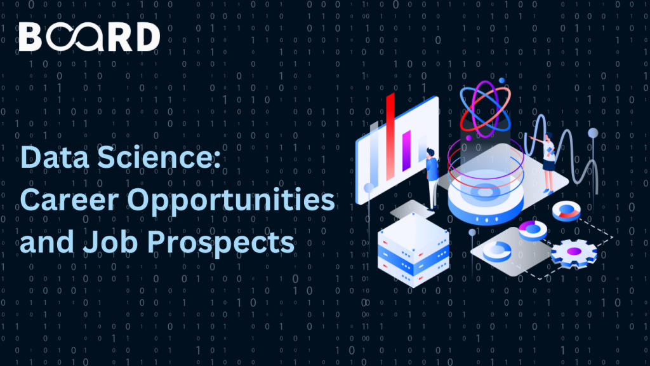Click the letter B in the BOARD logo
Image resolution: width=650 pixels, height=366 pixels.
(30, 37)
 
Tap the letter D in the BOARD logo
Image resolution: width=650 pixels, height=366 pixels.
(148, 37)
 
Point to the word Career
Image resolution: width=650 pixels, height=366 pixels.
(72, 200)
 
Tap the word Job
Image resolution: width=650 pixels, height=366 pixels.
(110, 241)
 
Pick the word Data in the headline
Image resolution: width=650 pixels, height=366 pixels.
(55, 158)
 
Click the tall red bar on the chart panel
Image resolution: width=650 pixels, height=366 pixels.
(390, 137)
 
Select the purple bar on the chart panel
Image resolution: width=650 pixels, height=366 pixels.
(406, 150)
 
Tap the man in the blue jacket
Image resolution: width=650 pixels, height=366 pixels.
(432, 179)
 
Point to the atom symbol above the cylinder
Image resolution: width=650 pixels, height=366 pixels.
(485, 109)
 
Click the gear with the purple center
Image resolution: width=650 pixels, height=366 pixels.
(574, 253)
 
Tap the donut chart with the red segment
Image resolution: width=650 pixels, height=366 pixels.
(566, 211)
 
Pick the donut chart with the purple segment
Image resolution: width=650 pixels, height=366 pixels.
(533, 230)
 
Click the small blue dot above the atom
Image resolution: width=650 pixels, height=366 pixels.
(501, 81)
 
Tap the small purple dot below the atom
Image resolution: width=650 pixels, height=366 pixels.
(469, 138)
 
